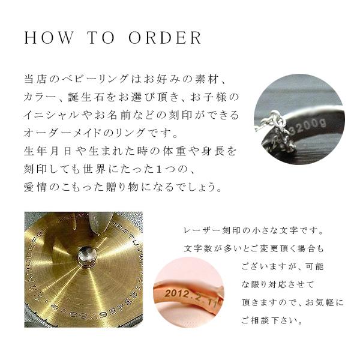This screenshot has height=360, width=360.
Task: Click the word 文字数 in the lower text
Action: point(200,248)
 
